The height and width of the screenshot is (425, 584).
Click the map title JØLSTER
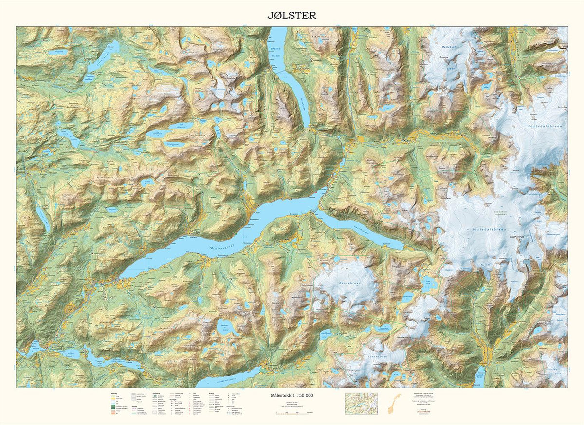[x=292, y=15]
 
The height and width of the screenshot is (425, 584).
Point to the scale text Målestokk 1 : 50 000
[x=292, y=395]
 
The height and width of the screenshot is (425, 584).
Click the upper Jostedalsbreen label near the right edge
[x=544, y=127]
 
